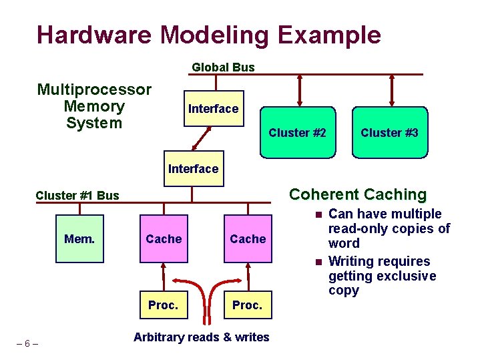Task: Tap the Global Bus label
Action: pyautogui.click(x=223, y=67)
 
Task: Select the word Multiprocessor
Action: pyautogui.click(x=94, y=89)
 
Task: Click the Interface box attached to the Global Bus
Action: pyautogui.click(x=213, y=108)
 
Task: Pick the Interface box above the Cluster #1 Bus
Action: pyautogui.click(x=193, y=169)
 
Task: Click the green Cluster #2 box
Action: pyautogui.click(x=297, y=132)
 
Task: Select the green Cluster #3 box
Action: pyautogui.click(x=389, y=132)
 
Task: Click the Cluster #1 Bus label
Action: pyautogui.click(x=77, y=196)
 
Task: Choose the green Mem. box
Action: pyautogui.click(x=79, y=238)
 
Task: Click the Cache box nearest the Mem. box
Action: pyautogui.click(x=164, y=238)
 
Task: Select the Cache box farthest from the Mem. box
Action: pyautogui.click(x=248, y=238)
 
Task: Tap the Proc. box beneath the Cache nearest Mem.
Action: pyautogui.click(x=163, y=305)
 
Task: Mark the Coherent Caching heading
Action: pyautogui.click(x=357, y=194)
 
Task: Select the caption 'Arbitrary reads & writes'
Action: pyautogui.click(x=201, y=337)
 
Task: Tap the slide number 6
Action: pyautogui.click(x=27, y=343)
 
